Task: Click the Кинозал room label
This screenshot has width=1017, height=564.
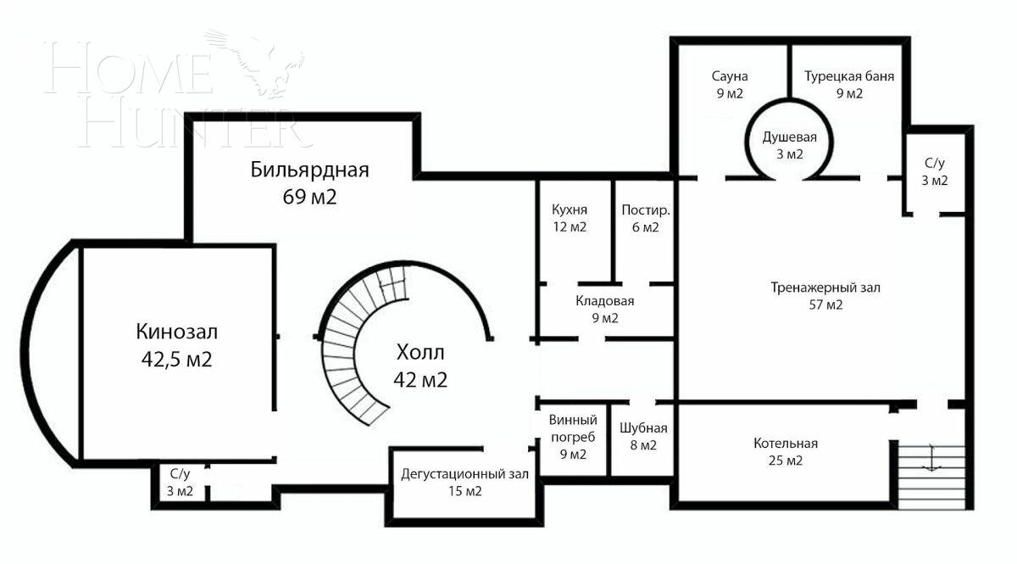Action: (182, 331)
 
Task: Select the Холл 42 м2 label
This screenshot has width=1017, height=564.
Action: (420, 366)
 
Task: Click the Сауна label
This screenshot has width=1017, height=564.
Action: (728, 76)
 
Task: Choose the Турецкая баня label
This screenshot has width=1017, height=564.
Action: (849, 76)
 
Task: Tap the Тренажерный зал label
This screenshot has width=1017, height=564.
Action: (825, 288)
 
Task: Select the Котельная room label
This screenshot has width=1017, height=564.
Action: (785, 444)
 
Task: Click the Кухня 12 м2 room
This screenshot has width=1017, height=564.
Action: (569, 218)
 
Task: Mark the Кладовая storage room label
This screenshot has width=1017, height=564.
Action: (604, 309)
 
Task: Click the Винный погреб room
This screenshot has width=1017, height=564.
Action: (573, 437)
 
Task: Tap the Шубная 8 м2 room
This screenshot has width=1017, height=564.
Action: (643, 436)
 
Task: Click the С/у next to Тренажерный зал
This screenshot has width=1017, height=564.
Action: (935, 170)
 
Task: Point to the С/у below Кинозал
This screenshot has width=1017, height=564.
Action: (180, 482)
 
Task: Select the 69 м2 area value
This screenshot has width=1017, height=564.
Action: (309, 197)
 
